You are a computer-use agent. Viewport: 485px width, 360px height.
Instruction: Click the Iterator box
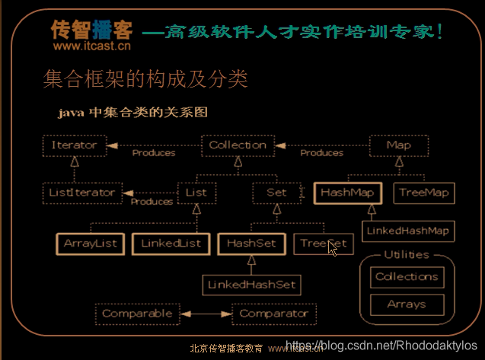pos(75,145)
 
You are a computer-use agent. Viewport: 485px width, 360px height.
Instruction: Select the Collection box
pos(238,145)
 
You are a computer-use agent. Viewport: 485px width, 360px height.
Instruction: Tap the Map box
pos(398,145)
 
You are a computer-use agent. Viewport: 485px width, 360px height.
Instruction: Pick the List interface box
pos(196,193)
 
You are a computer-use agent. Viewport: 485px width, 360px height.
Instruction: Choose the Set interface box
pos(276,193)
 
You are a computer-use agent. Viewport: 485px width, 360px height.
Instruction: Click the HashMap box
pos(346,193)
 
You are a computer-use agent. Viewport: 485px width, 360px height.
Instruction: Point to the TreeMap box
pos(424,193)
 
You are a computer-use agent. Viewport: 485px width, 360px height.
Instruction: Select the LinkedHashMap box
pos(407,230)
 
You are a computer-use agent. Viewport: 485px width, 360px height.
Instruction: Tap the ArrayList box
pos(90,244)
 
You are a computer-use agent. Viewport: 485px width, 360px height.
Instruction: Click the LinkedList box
pos(171,244)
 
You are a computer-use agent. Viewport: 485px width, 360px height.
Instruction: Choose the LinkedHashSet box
pos(251,284)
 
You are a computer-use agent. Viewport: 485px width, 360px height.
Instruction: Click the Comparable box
pos(137,313)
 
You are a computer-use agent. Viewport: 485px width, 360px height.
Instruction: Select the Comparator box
pos(274,313)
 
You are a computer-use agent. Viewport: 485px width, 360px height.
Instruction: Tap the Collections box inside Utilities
pos(407,277)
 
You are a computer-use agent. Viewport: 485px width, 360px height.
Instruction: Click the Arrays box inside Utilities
pos(406,304)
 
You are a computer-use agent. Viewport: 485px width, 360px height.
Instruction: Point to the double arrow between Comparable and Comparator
pos(206,313)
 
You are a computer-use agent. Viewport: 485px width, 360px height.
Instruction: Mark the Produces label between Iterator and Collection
pos(153,153)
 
